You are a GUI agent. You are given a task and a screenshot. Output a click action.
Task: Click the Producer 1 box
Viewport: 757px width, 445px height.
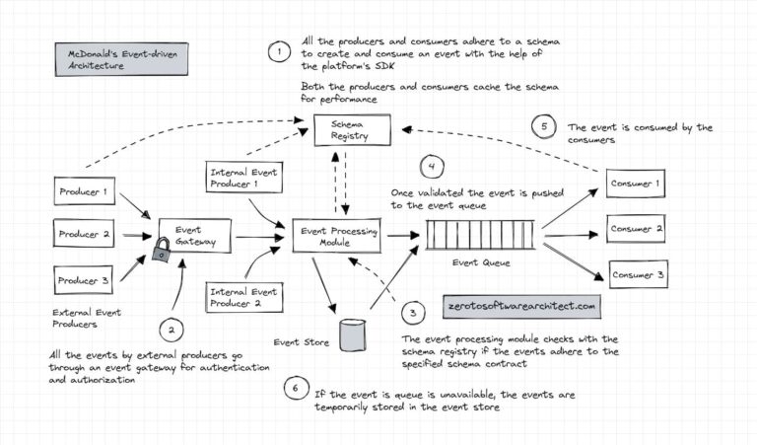click(x=84, y=191)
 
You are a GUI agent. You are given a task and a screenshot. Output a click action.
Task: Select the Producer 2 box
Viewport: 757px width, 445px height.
click(x=84, y=235)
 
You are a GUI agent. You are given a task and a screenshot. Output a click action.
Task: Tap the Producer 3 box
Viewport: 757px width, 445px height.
click(x=84, y=279)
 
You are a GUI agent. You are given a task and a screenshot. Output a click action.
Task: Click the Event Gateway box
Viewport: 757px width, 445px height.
click(x=194, y=235)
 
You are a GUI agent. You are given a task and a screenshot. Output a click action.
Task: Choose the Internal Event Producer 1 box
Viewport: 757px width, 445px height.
click(x=242, y=179)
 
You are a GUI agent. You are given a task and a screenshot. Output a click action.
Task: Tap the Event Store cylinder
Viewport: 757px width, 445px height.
click(x=352, y=334)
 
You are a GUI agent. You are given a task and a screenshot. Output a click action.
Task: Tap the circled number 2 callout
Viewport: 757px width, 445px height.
click(x=170, y=331)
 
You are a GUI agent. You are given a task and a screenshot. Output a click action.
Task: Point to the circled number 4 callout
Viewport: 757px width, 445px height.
click(x=433, y=166)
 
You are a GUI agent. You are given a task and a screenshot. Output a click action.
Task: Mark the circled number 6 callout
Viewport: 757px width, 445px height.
click(x=294, y=387)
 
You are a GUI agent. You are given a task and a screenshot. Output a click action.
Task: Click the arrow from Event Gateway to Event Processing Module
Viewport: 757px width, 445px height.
click(x=259, y=237)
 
